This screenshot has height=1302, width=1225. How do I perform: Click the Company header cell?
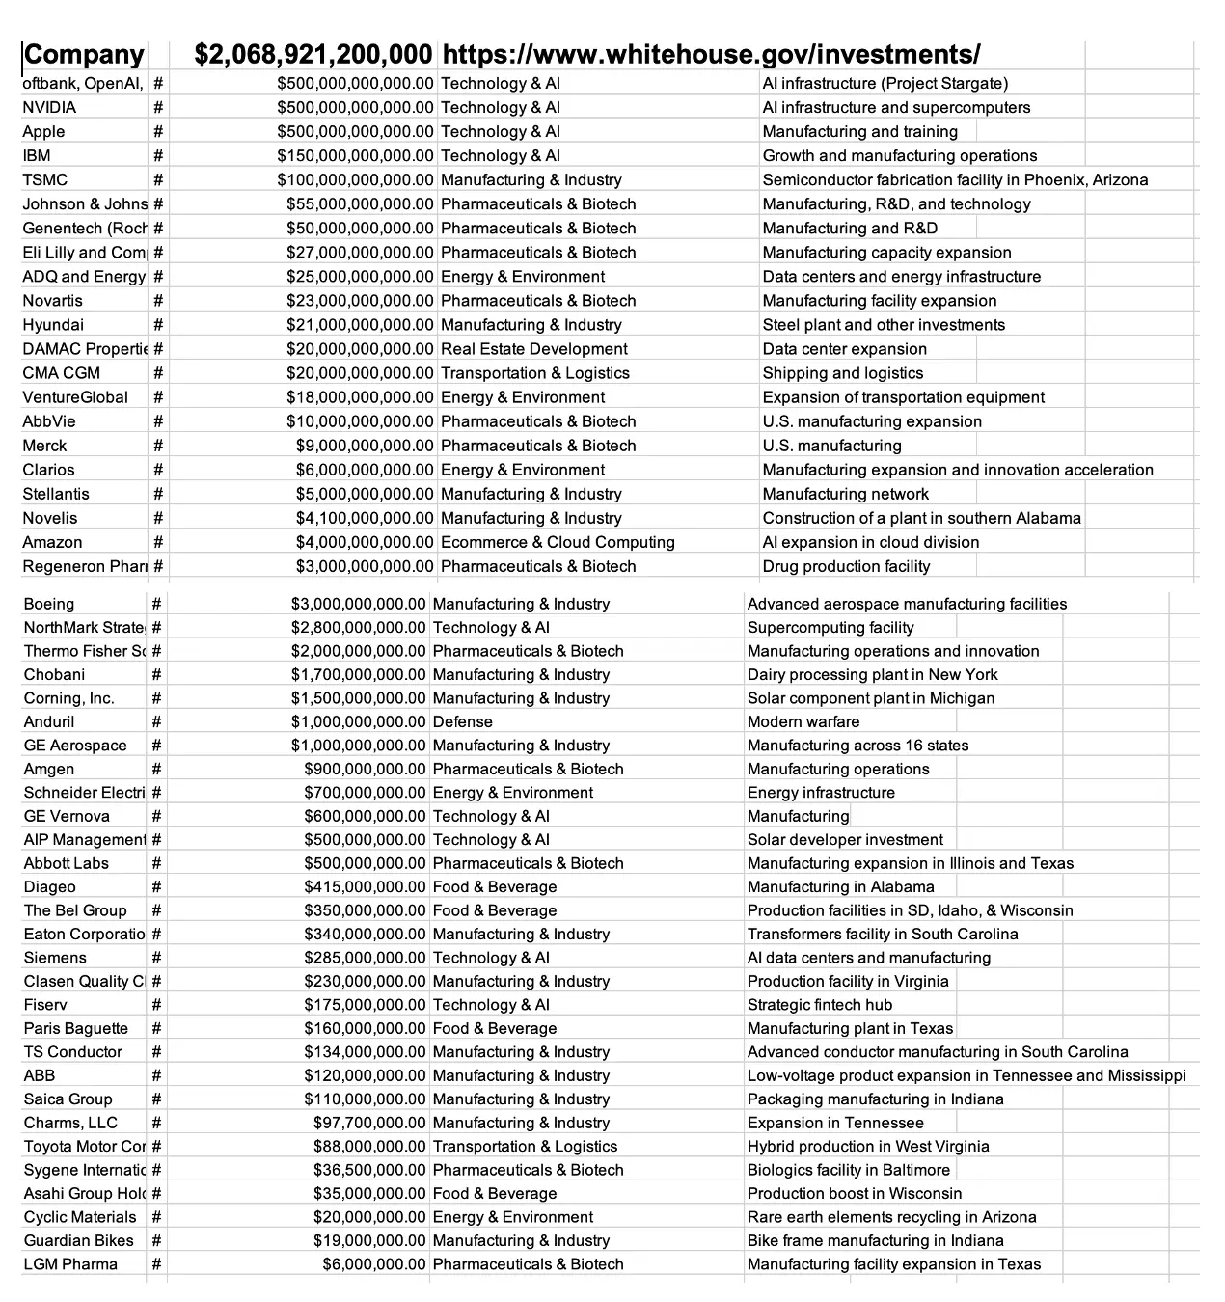84,55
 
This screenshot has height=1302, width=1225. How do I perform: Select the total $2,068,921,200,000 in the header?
313,55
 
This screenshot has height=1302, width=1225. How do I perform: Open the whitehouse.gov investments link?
711,55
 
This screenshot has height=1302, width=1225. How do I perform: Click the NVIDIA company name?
49,108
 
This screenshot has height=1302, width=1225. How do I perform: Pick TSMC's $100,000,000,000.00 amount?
355,180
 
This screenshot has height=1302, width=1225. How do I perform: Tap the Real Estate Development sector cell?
533,349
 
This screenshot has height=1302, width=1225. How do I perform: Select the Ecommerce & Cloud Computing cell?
558,542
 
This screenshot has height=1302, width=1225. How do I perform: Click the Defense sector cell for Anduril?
462,722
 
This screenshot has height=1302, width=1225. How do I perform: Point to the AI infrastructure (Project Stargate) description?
885,84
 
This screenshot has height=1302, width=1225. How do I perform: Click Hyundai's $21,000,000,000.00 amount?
360,325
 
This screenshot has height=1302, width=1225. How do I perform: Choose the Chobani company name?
54,675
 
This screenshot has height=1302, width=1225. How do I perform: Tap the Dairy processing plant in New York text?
872,675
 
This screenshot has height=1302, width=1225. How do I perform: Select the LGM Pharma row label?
70,1264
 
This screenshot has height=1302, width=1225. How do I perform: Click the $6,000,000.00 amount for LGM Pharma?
373,1264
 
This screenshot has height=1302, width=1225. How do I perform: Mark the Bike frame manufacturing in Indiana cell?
875,1241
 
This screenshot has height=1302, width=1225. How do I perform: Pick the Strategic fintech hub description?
820,1005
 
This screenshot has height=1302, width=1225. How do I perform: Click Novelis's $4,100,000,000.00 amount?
365,518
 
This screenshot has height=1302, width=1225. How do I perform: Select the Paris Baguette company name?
76,1029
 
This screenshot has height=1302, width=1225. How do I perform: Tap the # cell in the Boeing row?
156,605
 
